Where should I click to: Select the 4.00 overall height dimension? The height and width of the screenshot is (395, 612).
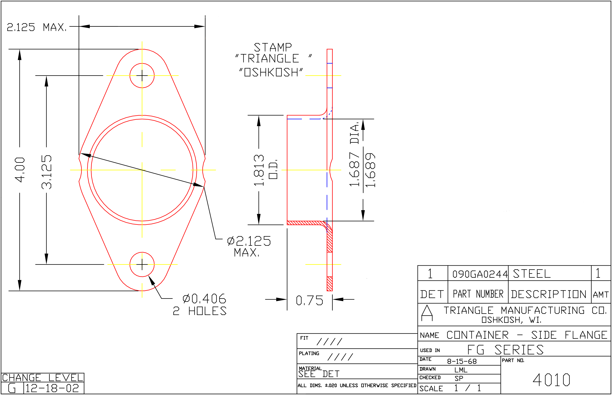tap(20, 170)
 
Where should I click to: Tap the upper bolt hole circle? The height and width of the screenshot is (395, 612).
tap(142, 63)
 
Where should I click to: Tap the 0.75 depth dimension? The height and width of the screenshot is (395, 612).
tap(309, 300)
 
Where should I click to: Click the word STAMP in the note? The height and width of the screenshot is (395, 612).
tap(273, 47)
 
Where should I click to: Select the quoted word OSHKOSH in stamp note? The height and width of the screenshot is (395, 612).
tap(271, 72)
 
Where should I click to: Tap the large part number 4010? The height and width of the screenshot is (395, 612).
tap(551, 380)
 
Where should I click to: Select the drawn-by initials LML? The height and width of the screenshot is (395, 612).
tap(461, 370)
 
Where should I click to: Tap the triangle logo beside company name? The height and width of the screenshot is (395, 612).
tap(427, 313)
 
